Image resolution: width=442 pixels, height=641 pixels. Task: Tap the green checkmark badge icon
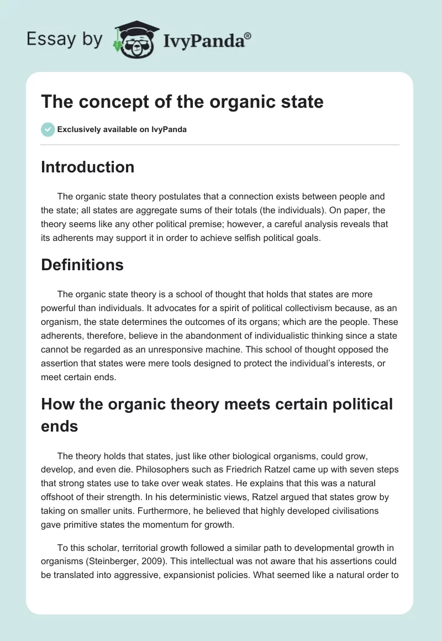pyautogui.click(x=48, y=130)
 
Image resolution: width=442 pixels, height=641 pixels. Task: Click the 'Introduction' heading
pyautogui.click(x=87, y=167)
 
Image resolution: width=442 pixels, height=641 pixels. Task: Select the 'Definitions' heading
pyautogui.click(x=82, y=265)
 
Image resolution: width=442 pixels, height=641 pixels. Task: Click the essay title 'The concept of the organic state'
pyautogui.click(x=182, y=102)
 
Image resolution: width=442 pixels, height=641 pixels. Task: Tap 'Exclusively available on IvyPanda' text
pyautogui.click(x=122, y=130)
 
